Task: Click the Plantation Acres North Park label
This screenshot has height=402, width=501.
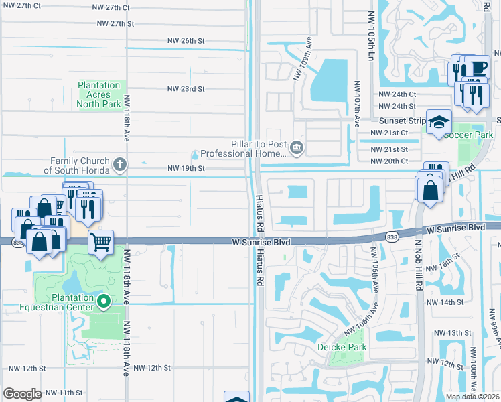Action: pyautogui.click(x=99, y=94)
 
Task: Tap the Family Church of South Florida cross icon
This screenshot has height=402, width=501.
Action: pyautogui.click(x=120, y=163)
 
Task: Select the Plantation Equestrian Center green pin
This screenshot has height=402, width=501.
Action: pyautogui.click(x=103, y=303)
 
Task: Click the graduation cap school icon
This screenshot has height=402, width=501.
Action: pyautogui.click(x=439, y=122)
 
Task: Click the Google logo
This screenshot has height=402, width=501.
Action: pyautogui.click(x=23, y=394)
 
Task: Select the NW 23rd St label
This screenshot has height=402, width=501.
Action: pyautogui.click(x=186, y=88)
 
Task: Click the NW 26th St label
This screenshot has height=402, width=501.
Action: pyautogui.click(x=186, y=41)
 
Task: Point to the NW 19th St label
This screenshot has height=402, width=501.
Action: pyautogui.click(x=186, y=168)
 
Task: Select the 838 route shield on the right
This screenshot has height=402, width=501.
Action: pyautogui.click(x=393, y=236)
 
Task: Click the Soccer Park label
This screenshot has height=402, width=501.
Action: pyautogui.click(x=479, y=135)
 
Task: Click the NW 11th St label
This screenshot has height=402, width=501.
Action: pyautogui.click(x=65, y=393)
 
